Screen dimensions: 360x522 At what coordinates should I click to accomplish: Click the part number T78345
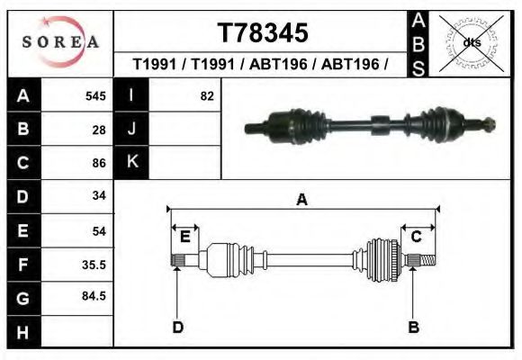[x=262, y=33]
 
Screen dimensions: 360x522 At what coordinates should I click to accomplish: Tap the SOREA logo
[x=59, y=42]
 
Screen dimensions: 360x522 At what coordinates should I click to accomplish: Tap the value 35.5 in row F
[x=94, y=265]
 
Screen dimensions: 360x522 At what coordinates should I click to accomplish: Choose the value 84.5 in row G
[x=94, y=296]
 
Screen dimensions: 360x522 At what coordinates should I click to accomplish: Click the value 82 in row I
[x=206, y=96]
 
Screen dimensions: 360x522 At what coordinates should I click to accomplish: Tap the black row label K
[x=131, y=163]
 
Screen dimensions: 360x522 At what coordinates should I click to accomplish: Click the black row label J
[x=131, y=130]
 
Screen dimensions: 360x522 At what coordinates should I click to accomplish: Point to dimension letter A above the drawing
[x=302, y=201]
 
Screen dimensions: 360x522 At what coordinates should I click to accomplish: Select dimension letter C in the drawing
[x=417, y=236]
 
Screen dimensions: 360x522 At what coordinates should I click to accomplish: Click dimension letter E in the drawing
[x=184, y=236]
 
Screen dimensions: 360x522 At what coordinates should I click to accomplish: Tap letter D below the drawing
[x=178, y=327]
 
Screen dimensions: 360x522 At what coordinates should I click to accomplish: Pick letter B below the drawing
[x=414, y=327]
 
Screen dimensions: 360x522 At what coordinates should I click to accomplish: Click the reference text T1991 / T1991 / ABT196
[x=262, y=65]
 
